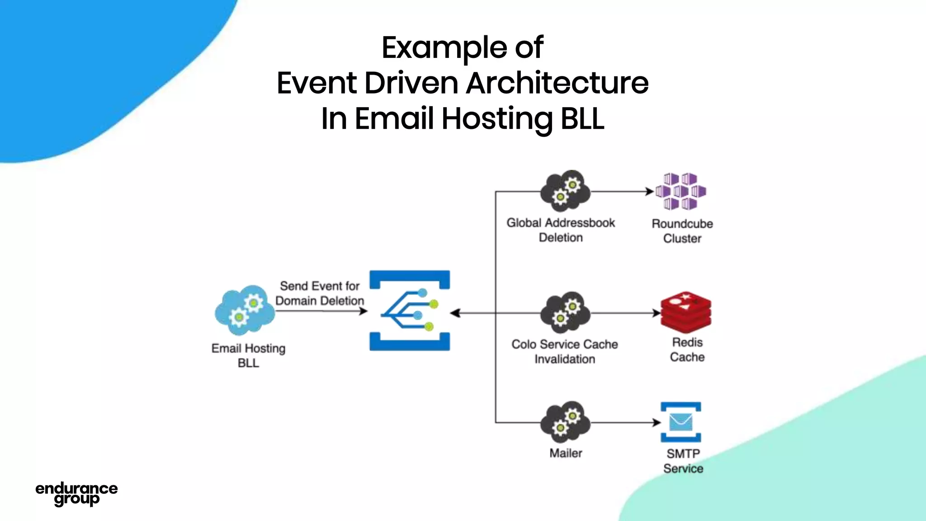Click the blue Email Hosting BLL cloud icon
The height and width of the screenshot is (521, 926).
pos(245,310)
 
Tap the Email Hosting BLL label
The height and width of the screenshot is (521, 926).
pos(248,355)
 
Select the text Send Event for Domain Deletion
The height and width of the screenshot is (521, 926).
pos(320,293)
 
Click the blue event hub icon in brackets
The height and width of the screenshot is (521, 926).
pos(410,311)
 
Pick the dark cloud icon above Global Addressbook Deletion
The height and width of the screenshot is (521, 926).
pos(565,191)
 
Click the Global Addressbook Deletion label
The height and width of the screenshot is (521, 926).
pos(561,230)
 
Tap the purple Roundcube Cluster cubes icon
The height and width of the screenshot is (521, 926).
pos(681,191)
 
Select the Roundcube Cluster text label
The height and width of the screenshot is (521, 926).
pos(682,231)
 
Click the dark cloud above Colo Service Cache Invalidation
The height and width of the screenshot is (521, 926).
pos(565,313)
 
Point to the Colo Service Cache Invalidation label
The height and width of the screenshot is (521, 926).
pos(565,351)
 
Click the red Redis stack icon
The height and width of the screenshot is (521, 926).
pos(685,312)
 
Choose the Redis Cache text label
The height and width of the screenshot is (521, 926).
pos(687,350)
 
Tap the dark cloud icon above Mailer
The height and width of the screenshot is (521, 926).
pos(565,422)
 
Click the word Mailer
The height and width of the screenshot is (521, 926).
pos(566,453)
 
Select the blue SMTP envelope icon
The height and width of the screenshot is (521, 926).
pos(681,422)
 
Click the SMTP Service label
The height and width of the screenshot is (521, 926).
pos(683,461)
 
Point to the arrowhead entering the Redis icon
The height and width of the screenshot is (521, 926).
pos(657,313)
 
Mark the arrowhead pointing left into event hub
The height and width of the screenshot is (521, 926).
pos(455,313)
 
